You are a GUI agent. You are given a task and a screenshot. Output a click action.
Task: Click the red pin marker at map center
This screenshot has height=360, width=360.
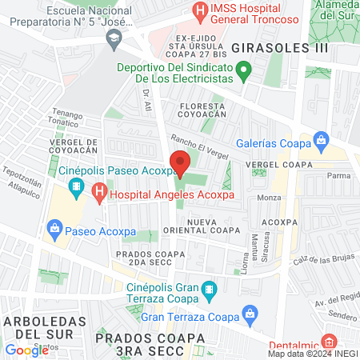click(x=180, y=165)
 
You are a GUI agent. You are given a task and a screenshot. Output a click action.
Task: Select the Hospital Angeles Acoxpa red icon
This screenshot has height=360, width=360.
click(x=98, y=192)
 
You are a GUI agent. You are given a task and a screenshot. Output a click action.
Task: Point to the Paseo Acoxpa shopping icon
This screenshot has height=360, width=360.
click(x=54, y=230)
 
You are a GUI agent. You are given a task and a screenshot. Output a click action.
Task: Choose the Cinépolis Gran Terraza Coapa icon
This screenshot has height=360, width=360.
click(x=209, y=289)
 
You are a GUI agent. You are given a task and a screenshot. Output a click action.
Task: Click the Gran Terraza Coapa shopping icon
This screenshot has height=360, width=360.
click(x=250, y=314)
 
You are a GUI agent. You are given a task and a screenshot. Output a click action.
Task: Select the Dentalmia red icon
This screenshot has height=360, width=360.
click(x=329, y=340)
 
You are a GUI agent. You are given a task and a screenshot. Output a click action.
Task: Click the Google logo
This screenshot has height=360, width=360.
click(x=26, y=350)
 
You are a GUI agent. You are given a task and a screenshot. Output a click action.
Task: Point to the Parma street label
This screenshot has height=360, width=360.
click(x=339, y=174)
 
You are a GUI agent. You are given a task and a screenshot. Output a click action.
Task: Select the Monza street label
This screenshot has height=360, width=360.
click(x=269, y=197)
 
